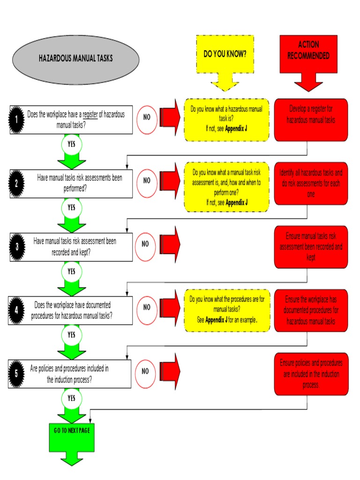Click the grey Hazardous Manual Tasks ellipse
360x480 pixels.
(75, 59)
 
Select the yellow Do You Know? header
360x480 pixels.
(225, 54)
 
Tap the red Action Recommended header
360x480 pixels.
(308, 51)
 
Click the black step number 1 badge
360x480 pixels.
(16, 120)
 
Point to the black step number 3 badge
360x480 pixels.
(16, 247)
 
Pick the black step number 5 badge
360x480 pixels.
(16, 374)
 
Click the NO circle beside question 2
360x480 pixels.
(147, 180)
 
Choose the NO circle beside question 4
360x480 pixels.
(147, 307)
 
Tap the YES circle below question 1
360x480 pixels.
(71, 144)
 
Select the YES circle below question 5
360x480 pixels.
(71, 398)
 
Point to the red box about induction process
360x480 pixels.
(311, 374)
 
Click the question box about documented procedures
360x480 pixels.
(71, 310)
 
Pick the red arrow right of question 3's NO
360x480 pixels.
(170, 243)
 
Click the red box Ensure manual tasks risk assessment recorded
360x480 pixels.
(311, 247)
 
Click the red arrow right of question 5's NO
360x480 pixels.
(170, 370)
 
